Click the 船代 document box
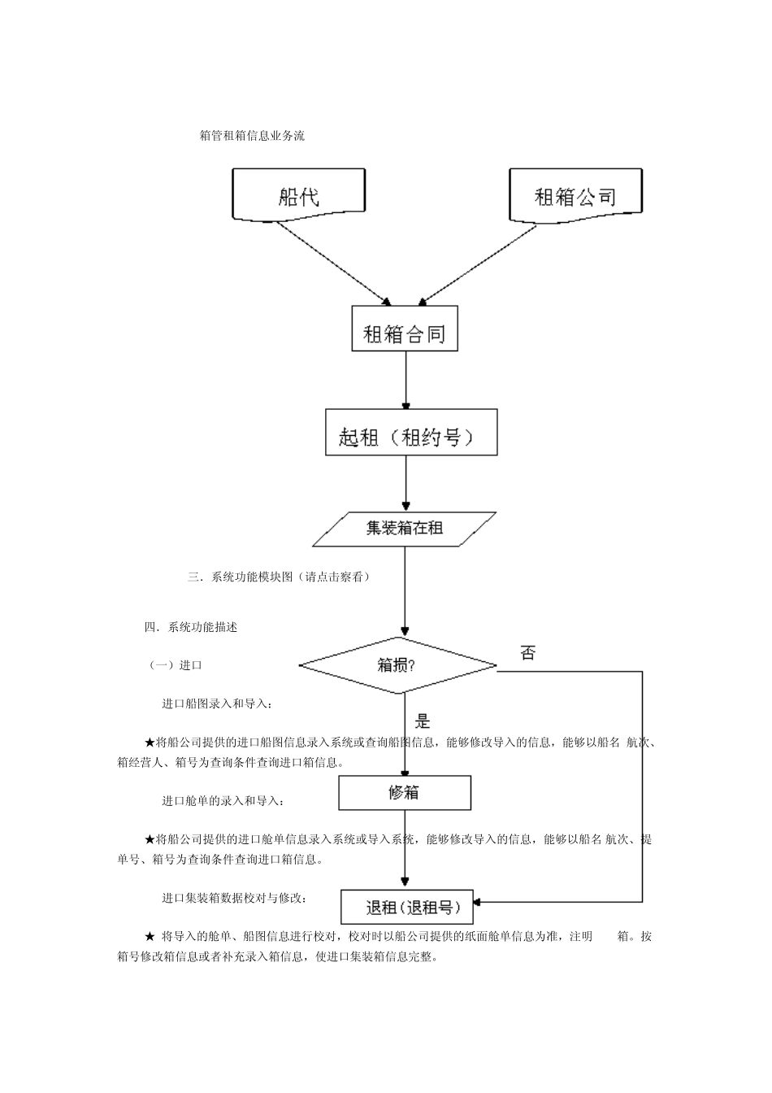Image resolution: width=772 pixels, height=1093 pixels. point(298,195)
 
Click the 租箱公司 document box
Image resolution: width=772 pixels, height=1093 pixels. point(575,195)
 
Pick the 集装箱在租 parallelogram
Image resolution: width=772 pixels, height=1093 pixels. point(405,529)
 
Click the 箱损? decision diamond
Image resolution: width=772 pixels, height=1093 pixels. point(398,665)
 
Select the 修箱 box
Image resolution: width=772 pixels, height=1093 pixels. point(405,792)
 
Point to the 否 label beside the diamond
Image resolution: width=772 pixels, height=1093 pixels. point(528,652)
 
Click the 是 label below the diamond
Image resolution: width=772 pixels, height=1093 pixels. point(423,721)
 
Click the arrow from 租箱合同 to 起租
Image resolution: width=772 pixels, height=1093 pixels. point(406,380)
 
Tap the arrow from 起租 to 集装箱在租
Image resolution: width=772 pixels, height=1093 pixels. point(406,483)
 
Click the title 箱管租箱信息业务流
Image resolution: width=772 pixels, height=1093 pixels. point(252,137)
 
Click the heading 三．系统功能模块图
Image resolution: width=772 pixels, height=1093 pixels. point(279,577)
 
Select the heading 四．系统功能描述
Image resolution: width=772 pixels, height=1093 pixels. point(191,627)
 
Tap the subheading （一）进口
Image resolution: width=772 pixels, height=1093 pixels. point(174,665)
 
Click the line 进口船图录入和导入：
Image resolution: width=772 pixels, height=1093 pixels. point(217,703)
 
